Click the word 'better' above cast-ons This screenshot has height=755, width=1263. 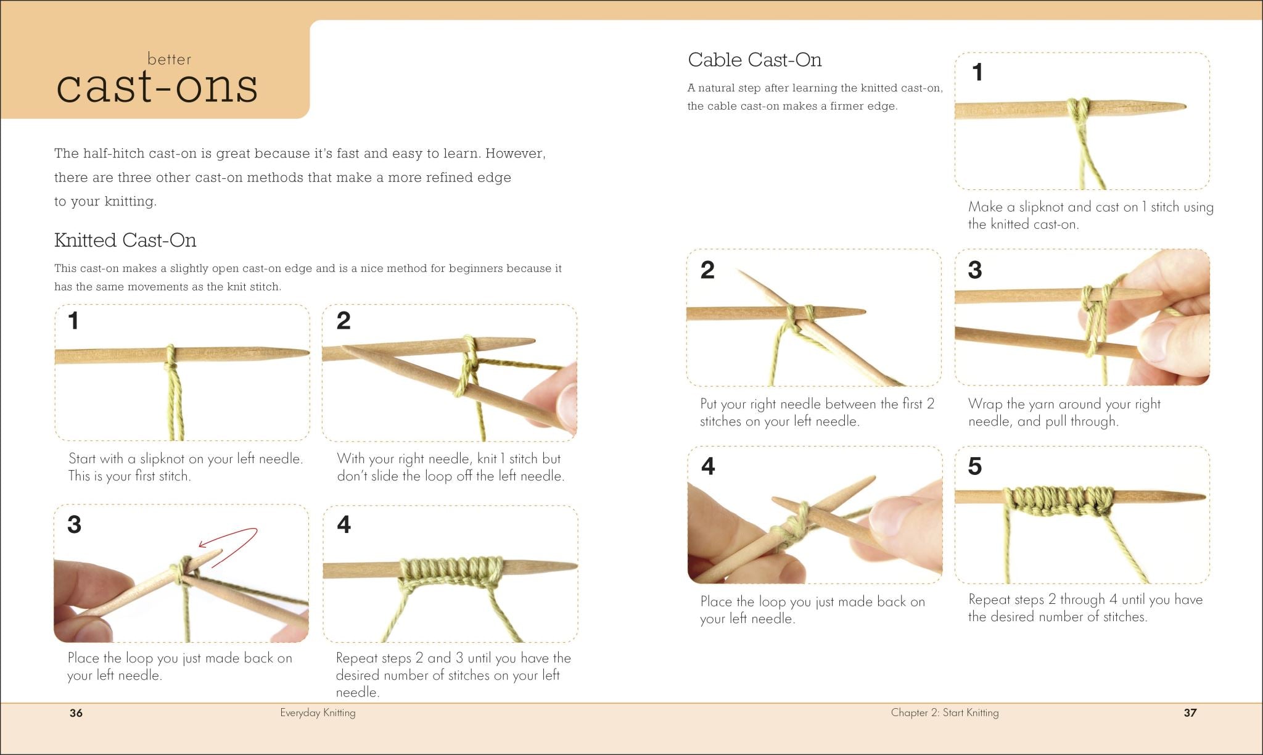pos(169,60)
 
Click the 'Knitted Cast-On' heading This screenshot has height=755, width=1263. pos(125,240)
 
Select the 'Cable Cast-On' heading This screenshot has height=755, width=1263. pos(754,60)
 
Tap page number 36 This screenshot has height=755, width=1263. pos(76,713)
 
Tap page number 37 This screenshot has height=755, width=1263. pos(1190,713)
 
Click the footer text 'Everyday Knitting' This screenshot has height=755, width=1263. pos(318,713)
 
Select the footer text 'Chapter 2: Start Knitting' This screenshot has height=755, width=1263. pos(944,713)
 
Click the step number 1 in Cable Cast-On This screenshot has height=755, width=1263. pos(977,73)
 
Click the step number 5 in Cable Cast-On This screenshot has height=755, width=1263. pos(974,466)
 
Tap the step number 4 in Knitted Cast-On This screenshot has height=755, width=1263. pos(344,525)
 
